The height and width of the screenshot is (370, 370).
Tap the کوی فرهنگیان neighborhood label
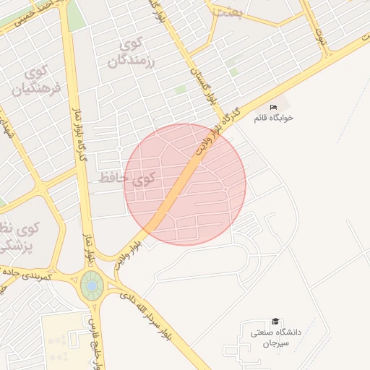[34, 81]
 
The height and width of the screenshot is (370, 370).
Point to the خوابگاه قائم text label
[273, 117]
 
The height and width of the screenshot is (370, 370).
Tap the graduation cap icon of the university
[275, 322]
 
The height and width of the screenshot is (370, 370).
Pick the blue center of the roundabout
[92, 286]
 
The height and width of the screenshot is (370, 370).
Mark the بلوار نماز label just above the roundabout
[90, 249]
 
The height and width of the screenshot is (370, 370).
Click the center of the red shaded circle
[185, 184]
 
